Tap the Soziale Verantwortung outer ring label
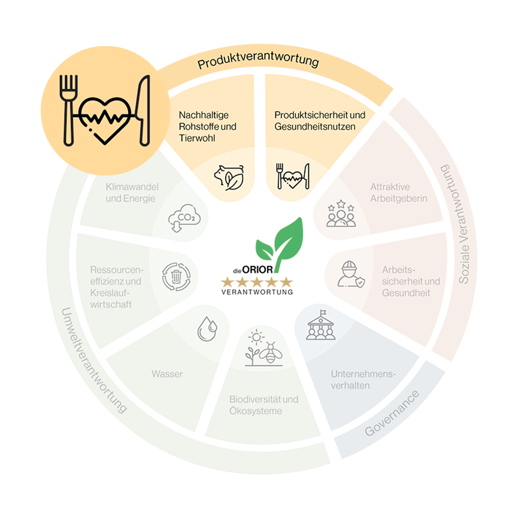460,224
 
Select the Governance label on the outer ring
392,414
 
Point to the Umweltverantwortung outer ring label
93,361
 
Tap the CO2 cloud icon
184,218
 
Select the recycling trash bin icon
177,277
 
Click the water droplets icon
207,329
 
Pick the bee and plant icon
264,348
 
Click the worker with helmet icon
351,274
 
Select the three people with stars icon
341,214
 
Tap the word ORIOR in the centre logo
257,270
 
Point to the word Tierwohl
197,138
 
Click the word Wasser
167,374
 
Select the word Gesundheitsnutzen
315,127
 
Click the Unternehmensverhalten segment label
363,380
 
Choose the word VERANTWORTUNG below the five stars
257,292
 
